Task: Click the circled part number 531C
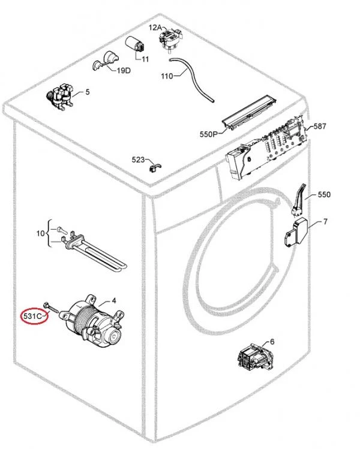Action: pos(32,317)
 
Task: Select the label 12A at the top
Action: pos(155,28)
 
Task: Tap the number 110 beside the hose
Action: pos(167,76)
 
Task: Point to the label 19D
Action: pos(124,71)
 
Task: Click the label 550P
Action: pos(209,134)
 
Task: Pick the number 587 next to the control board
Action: pos(320,126)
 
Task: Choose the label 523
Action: pos(138,159)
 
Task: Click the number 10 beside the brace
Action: pos(40,233)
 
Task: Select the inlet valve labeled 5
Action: pos(61,97)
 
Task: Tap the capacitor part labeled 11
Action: pos(135,44)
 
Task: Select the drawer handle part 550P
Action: pos(250,112)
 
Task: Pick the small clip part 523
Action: pos(155,167)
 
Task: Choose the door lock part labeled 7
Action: pos(296,233)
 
